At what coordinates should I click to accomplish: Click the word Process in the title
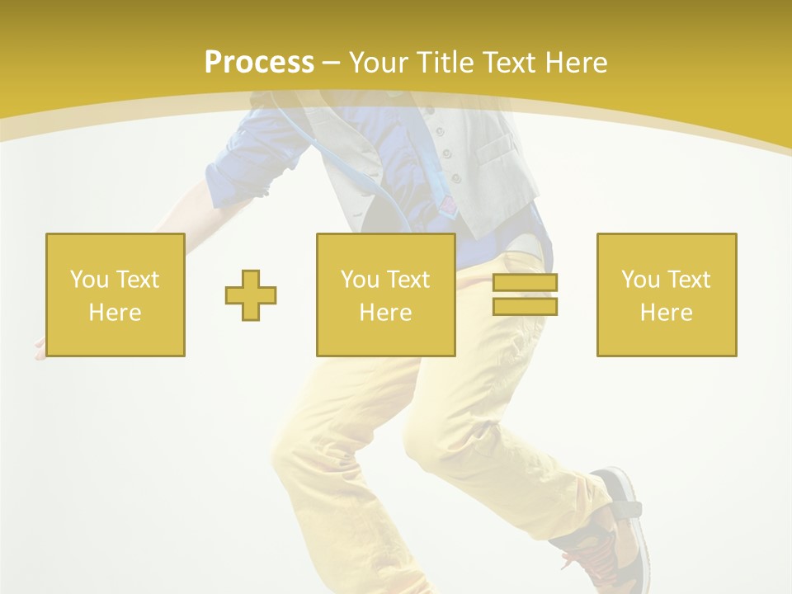pyautogui.click(x=259, y=63)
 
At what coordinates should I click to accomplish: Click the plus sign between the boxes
pyautogui.click(x=251, y=295)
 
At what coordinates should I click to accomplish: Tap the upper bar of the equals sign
pyautogui.click(x=525, y=283)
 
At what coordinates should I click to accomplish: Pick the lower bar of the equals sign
pyautogui.click(x=525, y=306)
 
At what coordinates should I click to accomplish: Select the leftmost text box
pyautogui.click(x=115, y=295)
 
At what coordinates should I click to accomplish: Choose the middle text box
pyautogui.click(x=385, y=295)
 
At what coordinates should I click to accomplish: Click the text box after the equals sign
pyautogui.click(x=666, y=295)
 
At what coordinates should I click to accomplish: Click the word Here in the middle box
pyautogui.click(x=385, y=313)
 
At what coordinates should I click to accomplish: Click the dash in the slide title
pyautogui.click(x=331, y=63)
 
